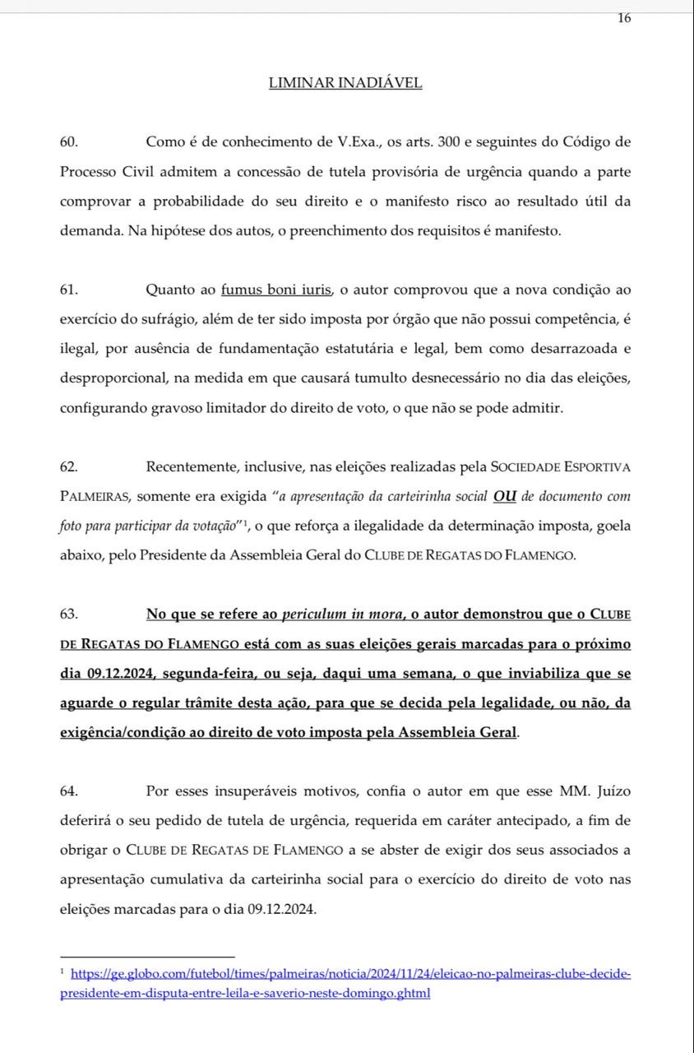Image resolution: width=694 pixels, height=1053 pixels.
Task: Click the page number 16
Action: pyautogui.click(x=624, y=19)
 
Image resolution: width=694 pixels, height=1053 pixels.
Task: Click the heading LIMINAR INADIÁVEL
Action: pyautogui.click(x=345, y=83)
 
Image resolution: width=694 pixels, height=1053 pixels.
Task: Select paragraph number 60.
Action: pyautogui.click(x=69, y=141)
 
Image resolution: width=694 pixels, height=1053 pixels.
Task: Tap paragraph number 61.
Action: pyautogui.click(x=69, y=290)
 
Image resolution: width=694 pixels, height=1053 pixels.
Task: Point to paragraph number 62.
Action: pyautogui.click(x=69, y=467)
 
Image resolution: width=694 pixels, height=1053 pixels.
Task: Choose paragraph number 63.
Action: pyautogui.click(x=69, y=615)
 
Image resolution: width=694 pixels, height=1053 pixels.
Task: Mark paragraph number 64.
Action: pyautogui.click(x=69, y=791)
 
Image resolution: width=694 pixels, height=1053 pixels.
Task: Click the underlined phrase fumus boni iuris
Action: pyautogui.click(x=276, y=290)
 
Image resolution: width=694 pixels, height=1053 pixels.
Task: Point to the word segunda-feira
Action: pyautogui.click(x=201, y=674)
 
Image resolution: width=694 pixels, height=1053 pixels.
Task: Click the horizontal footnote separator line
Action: pyautogui.click(x=147, y=957)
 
